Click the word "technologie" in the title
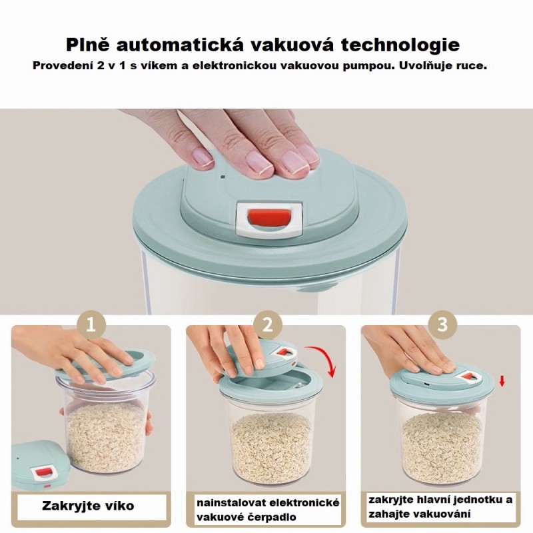400,45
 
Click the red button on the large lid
269,217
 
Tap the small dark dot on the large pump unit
223,177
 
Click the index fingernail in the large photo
201,157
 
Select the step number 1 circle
91,326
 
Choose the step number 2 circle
268,325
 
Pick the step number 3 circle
442,324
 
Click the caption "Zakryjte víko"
88,506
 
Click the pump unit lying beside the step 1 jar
40,464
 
